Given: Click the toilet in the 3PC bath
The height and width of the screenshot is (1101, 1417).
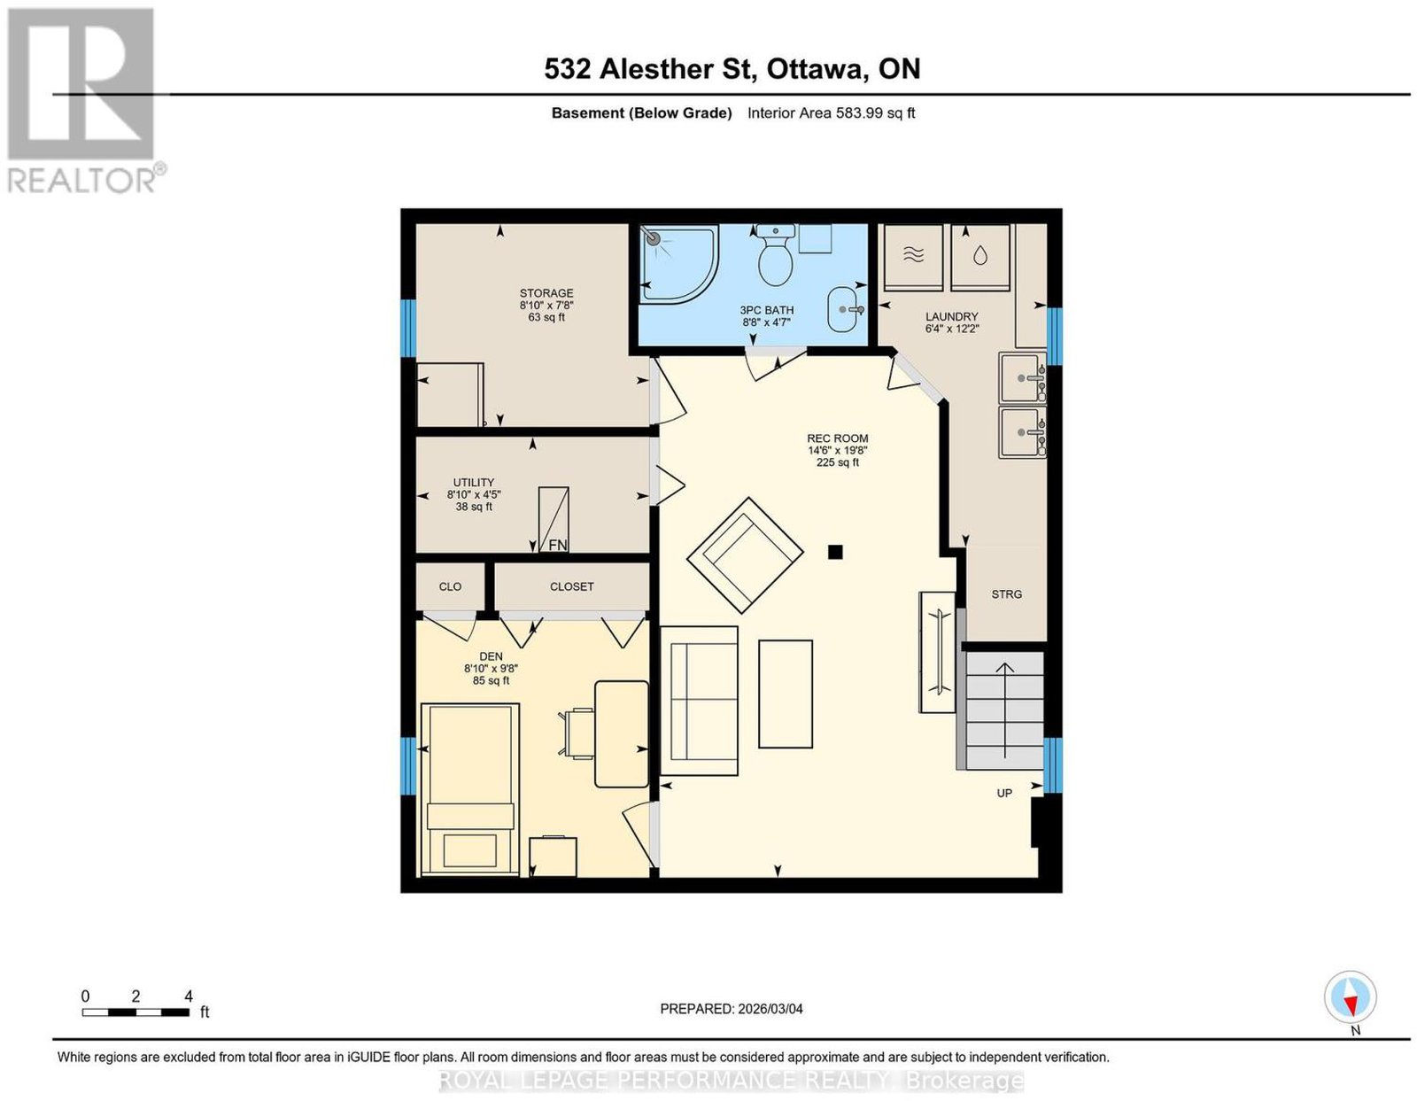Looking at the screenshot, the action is tap(775, 255).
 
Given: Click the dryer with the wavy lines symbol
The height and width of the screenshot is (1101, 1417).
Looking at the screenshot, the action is tap(914, 257).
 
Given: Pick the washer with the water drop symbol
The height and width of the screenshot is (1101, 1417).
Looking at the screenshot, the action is tap(980, 257).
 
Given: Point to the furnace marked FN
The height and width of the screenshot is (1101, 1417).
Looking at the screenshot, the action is tap(554, 520).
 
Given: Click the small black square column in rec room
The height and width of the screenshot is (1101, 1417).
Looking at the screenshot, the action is tap(834, 552).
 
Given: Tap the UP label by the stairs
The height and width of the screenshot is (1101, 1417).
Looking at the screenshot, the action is tap(1004, 794).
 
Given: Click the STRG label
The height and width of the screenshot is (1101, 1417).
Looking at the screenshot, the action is tap(1006, 594).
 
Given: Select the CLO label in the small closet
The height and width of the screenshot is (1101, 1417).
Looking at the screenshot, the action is tap(450, 586).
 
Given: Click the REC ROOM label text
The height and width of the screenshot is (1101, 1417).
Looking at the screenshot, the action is tap(837, 438).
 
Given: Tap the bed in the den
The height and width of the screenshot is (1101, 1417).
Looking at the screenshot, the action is tap(470, 788).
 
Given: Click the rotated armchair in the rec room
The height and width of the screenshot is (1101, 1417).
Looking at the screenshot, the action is tap(745, 555).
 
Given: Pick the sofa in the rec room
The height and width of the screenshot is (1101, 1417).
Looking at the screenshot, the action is tap(700, 701).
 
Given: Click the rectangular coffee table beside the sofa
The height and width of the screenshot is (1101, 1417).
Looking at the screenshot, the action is tap(786, 694).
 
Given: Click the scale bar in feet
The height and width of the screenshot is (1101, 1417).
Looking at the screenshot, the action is tap(136, 1012).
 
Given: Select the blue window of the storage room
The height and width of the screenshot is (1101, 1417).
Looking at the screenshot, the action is tap(407, 328).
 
